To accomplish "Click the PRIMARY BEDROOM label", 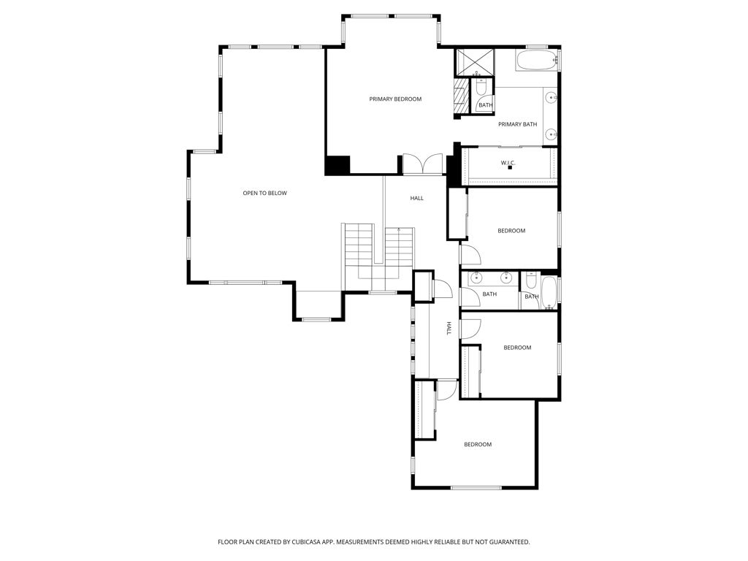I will (x=395, y=99).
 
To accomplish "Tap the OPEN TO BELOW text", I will (x=264, y=193).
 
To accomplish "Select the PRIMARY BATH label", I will (x=517, y=124).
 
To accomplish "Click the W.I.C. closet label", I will (x=508, y=162).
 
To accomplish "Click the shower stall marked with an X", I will (x=475, y=62).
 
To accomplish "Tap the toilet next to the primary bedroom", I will (x=481, y=88).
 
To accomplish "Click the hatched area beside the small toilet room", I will (x=460, y=94).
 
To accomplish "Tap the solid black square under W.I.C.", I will (x=510, y=168).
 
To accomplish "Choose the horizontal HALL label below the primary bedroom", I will (x=416, y=198).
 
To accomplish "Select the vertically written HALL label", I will (x=449, y=329).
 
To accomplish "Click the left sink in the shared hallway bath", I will (x=476, y=278).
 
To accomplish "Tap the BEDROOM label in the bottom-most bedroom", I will (x=478, y=444).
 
